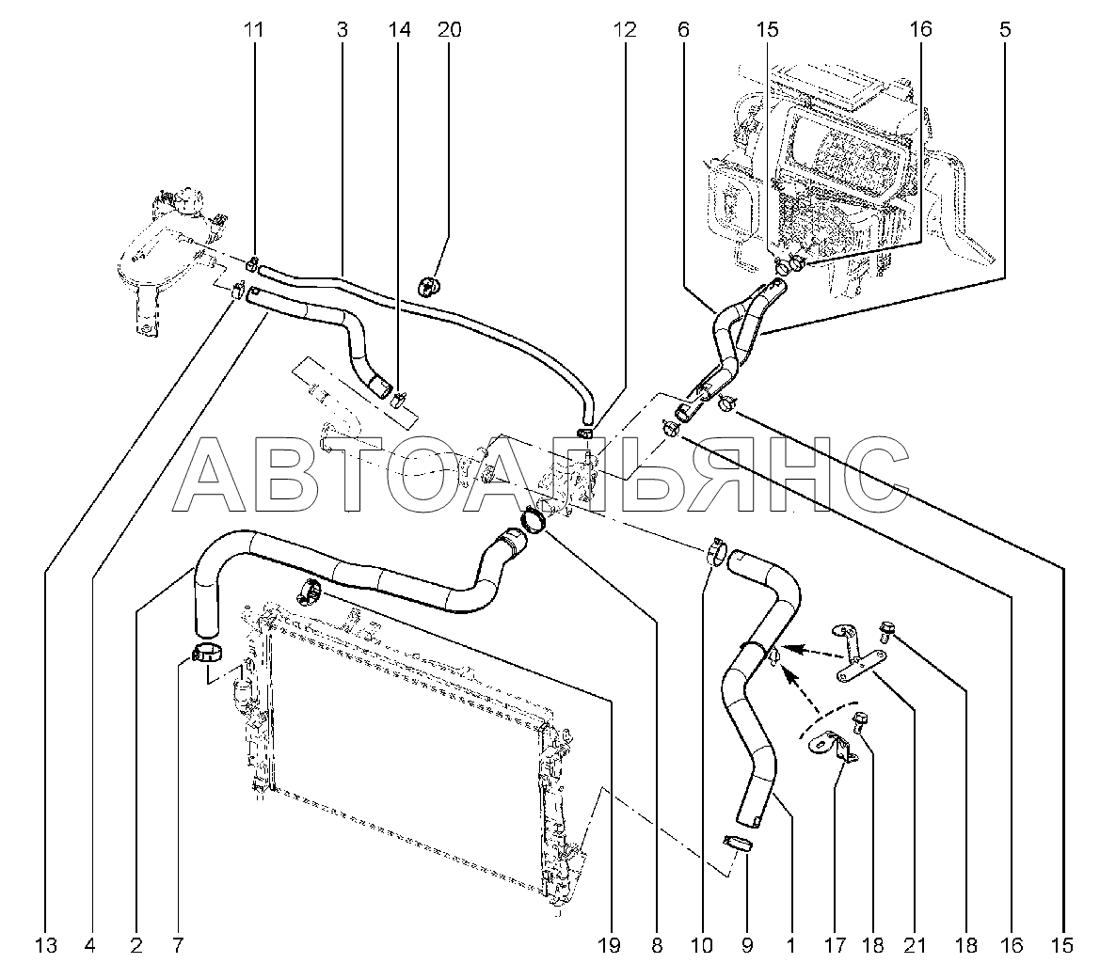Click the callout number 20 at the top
[450, 29]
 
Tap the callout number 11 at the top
[253, 29]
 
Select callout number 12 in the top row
[625, 29]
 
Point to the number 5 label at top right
[1005, 29]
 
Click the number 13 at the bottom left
[45, 945]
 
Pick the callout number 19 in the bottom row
[610, 945]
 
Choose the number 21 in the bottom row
[915, 945]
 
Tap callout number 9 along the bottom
[746, 945]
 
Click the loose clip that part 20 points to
[428, 286]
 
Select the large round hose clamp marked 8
[534, 522]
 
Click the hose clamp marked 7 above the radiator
[208, 653]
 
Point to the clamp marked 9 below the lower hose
[738, 843]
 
